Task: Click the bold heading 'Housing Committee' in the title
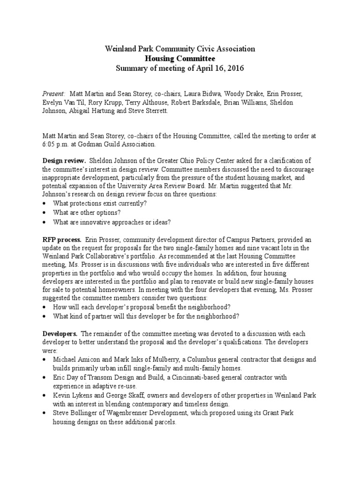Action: (180, 59)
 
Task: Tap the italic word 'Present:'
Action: (54, 94)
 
